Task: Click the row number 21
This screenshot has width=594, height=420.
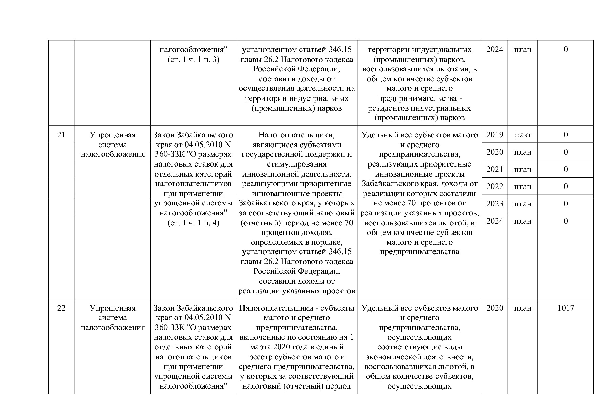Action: pyautogui.click(x=61, y=135)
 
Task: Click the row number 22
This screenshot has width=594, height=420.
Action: pyautogui.click(x=61, y=308)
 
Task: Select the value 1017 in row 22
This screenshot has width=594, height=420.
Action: pyautogui.click(x=566, y=308)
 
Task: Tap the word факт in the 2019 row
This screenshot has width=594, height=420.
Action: pyautogui.click(x=523, y=135)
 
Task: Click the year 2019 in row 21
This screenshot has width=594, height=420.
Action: pyautogui.click(x=494, y=135)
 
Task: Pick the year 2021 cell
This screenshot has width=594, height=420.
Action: pyautogui.click(x=494, y=169)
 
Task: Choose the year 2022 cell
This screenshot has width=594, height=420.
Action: pyautogui.click(x=494, y=186)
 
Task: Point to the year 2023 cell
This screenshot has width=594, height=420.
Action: pyautogui.click(x=494, y=204)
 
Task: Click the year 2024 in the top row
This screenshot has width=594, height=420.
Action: pyautogui.click(x=494, y=49)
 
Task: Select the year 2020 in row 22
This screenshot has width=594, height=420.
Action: pyautogui.click(x=494, y=308)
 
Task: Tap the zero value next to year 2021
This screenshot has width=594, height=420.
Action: pyautogui.click(x=566, y=169)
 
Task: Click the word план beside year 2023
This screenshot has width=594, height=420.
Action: pyautogui.click(x=523, y=204)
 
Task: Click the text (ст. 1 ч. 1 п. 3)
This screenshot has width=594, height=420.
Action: pyautogui.click(x=193, y=60)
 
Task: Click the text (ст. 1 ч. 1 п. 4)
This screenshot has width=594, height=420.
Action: pyautogui.click(x=193, y=223)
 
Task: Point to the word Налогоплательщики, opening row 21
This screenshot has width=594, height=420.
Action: pyautogui.click(x=297, y=135)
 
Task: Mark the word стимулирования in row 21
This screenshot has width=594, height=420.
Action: pyautogui.click(x=297, y=164)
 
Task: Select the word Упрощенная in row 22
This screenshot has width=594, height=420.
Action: pyautogui.click(x=113, y=308)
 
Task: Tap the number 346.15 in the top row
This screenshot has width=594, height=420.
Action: pyautogui.click(x=340, y=50)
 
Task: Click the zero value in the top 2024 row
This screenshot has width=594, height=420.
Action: pyautogui.click(x=566, y=49)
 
